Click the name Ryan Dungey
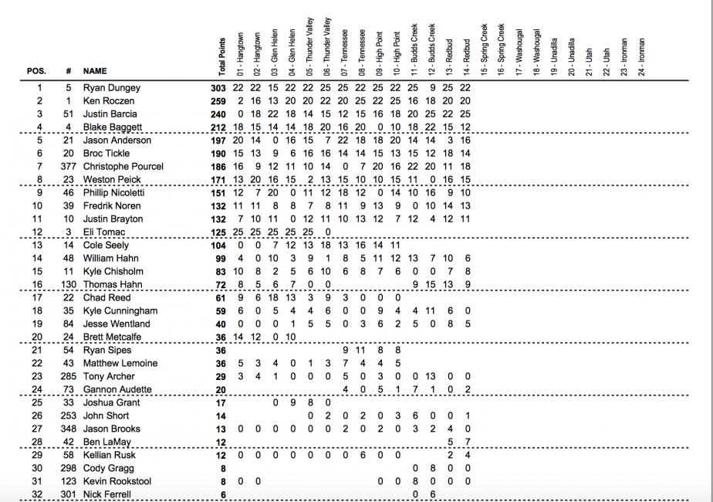(112, 88)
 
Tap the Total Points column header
(222, 56)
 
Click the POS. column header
(36, 71)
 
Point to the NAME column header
(95, 71)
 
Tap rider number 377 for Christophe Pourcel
(69, 167)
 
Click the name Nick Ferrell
(107, 494)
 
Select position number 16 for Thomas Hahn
(37, 285)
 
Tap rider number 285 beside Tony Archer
(69, 377)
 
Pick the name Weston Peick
(112, 180)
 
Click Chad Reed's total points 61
(221, 298)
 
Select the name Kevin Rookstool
(117, 482)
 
